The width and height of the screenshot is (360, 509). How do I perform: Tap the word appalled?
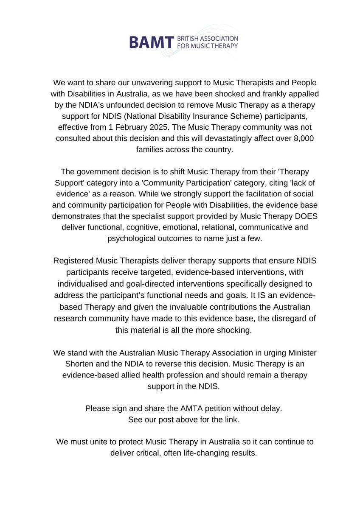292,93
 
